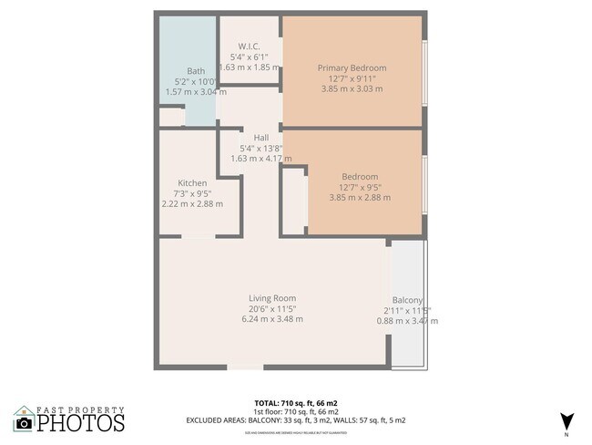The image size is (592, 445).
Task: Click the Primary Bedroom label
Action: [x=352, y=68]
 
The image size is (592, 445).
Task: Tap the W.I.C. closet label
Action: [x=250, y=47]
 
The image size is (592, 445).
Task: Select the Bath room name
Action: [x=196, y=71]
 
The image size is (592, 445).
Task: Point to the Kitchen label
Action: [x=192, y=182]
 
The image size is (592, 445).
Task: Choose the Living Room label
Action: [x=272, y=298]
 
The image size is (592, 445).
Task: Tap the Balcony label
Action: [x=407, y=300]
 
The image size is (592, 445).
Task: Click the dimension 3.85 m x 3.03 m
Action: [x=352, y=89]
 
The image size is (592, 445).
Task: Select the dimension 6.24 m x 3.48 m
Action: [x=272, y=319]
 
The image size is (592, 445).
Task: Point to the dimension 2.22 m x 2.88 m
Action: [x=192, y=203]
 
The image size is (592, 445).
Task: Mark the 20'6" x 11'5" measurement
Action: [x=272, y=308]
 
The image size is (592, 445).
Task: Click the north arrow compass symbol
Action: [x=566, y=420]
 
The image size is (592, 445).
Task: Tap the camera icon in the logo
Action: [x=25, y=423]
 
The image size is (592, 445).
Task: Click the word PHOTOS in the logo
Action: [x=81, y=423]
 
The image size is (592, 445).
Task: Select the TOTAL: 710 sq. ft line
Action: [x=296, y=402]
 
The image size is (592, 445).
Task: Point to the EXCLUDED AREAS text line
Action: [x=296, y=420]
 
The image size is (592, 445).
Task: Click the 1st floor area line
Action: [x=296, y=411]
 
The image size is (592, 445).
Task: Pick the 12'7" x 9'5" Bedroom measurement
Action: [x=360, y=187]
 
